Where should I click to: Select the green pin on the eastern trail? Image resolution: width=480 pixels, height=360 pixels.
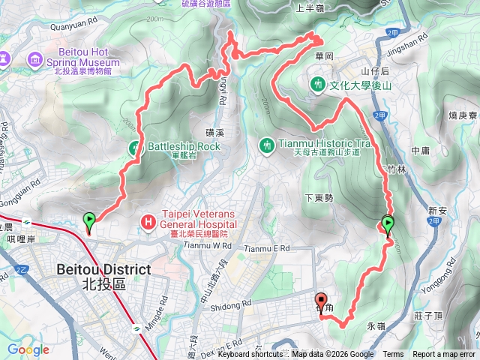click(x=388, y=224)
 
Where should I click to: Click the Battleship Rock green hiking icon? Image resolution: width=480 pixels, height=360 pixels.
click(x=136, y=147)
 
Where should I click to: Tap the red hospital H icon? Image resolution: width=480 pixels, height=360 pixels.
click(x=148, y=222)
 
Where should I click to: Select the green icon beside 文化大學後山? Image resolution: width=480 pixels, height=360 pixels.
click(x=319, y=85)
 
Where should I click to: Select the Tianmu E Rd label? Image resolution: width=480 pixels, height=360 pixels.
click(x=266, y=248)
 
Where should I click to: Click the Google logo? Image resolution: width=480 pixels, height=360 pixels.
click(x=28, y=349)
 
